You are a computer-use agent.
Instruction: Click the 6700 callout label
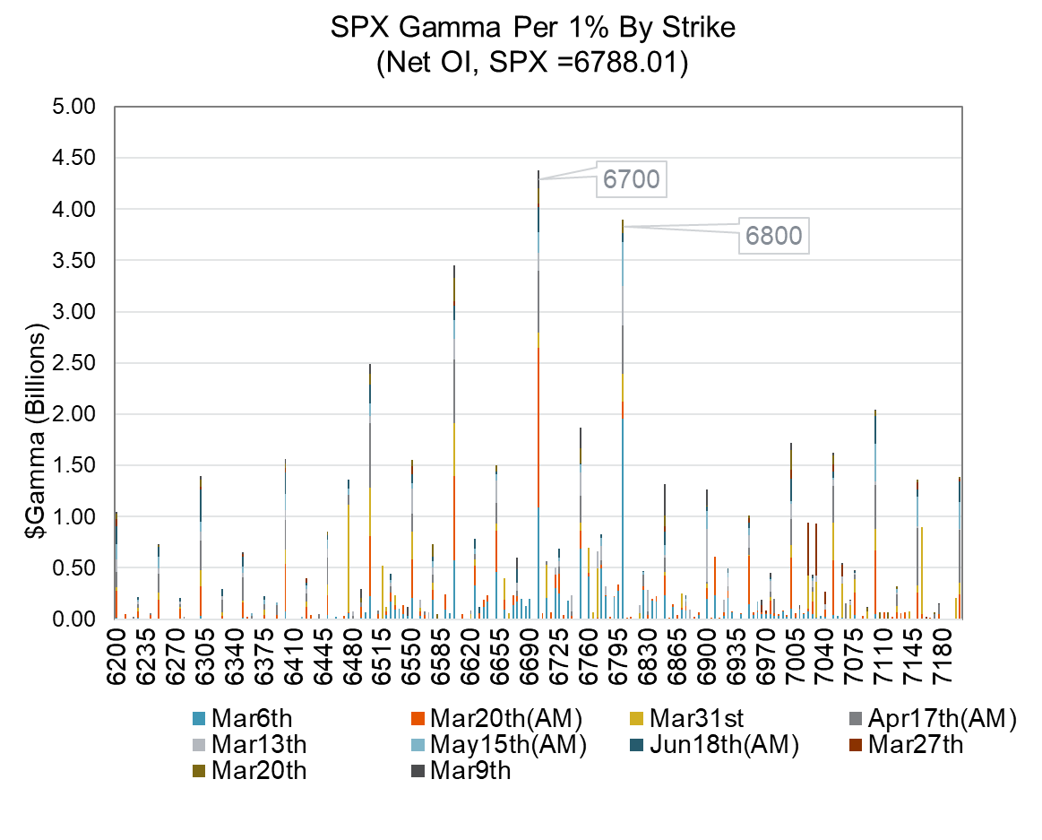click(x=631, y=179)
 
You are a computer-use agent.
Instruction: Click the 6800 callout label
click(x=773, y=237)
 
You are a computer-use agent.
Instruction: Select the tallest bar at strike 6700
click(x=538, y=403)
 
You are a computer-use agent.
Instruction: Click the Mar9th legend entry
click(x=469, y=770)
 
